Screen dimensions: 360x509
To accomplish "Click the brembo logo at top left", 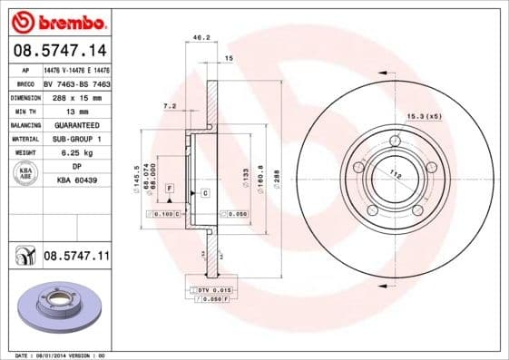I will (x=58, y=20).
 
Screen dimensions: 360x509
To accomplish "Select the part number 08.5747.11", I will (x=76, y=257).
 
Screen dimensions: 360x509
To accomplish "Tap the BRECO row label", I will (x=25, y=83).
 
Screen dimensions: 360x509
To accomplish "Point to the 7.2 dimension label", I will (x=169, y=106).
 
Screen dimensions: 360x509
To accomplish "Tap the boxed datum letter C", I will (x=205, y=194).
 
